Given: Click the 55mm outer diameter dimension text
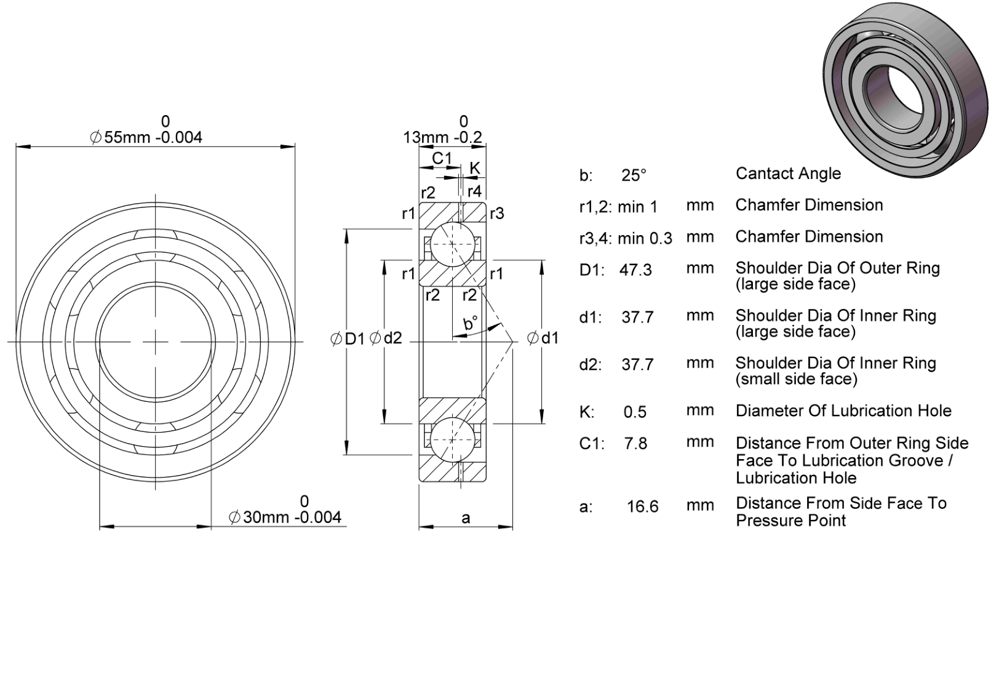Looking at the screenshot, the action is pos(146,137).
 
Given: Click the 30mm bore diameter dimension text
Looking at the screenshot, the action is pos(285,517).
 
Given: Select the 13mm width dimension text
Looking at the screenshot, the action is pos(442,137).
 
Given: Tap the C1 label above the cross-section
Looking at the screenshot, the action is pos(442,158).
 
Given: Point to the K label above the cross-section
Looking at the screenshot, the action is pos(474,168).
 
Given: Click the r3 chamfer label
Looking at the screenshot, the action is pos(497,214).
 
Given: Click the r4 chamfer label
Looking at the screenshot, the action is pos(474,191).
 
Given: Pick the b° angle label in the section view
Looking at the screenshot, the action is pos(471,322).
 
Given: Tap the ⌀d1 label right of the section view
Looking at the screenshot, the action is pos(543,338).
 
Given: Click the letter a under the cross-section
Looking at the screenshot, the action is pos(466,518).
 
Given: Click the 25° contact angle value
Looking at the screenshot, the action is pos(634,175).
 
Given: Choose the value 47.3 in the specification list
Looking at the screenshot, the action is pos(635,270).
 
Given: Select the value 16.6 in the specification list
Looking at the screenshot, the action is pos(643,506).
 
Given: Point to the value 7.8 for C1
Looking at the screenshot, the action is pos(635,444).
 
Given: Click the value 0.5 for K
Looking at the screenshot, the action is pos(635,412).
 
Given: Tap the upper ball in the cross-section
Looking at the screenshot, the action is pos(453,244).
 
